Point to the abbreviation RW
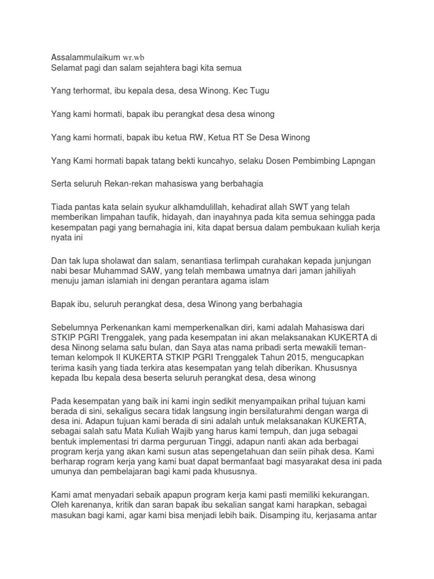(198, 137)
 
